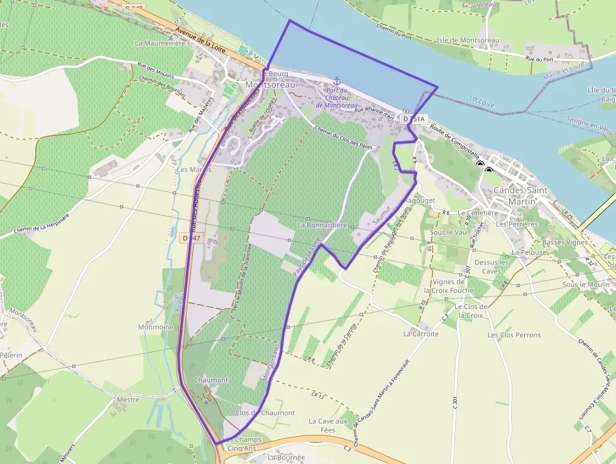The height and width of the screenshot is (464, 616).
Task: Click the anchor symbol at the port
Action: pos(336,81)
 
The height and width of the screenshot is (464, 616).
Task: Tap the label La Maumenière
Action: pos(160,43)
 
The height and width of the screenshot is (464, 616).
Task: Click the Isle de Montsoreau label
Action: pos(468,40)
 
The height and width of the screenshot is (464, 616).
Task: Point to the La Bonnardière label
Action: pos(322,225)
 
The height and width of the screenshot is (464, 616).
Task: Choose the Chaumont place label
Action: pos(211,380)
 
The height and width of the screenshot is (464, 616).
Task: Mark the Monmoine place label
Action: pos(155,327)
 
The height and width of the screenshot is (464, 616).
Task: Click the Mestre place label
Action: pos(128,399)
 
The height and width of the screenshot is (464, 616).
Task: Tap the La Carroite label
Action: pos(422,334)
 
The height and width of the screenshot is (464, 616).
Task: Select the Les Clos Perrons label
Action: pos(514,335)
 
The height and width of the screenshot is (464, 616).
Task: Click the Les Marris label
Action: pos(193,169)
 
